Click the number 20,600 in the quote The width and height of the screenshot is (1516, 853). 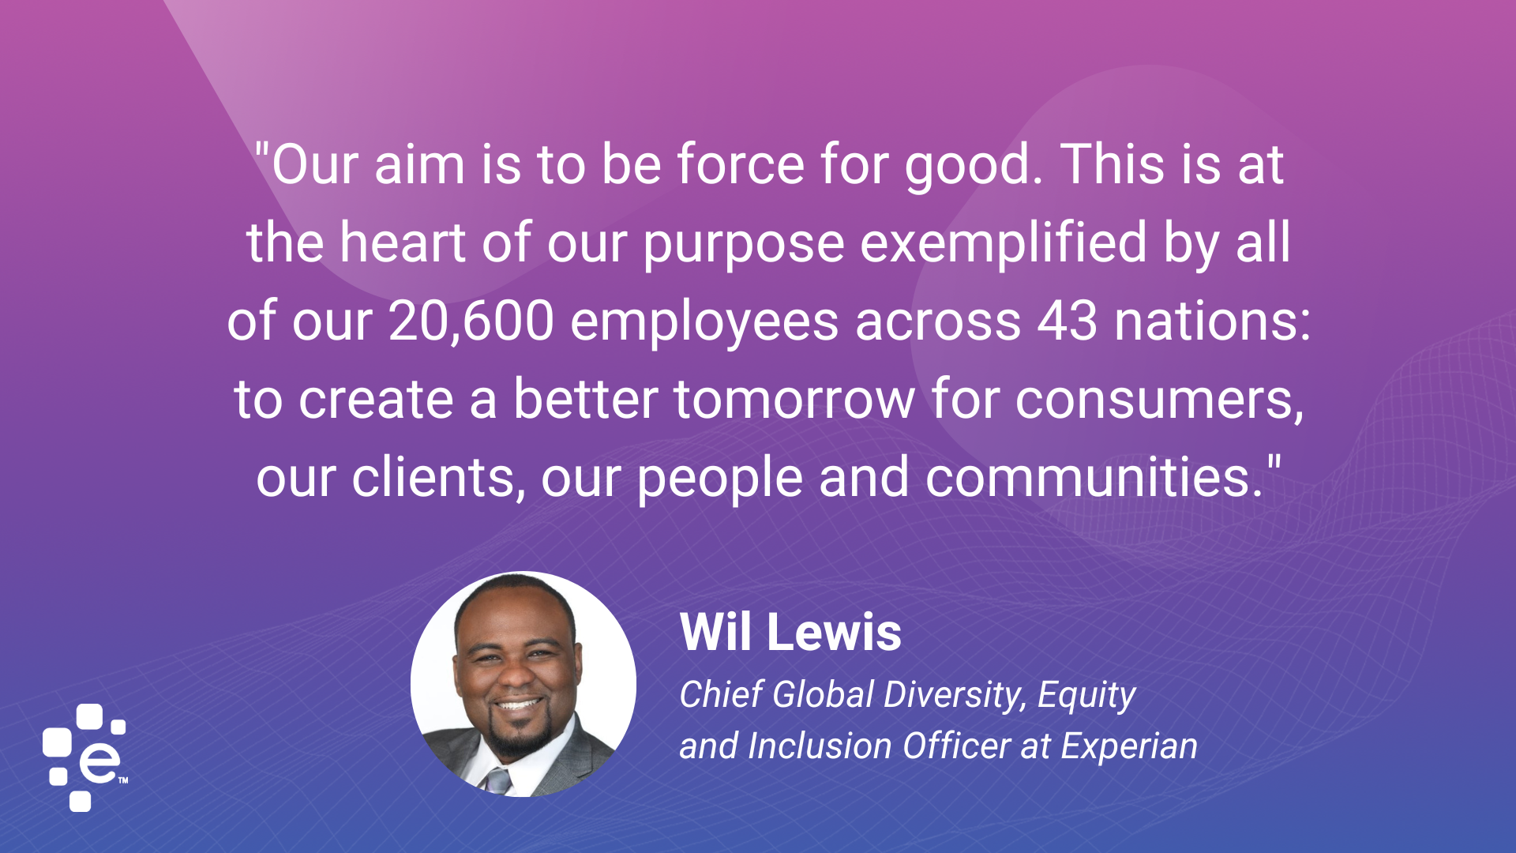[471, 321]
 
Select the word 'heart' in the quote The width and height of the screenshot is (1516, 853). [403, 242]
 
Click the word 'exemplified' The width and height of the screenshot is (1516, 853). [1003, 242]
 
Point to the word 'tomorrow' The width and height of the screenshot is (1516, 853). [794, 400]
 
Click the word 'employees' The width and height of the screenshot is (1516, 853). [704, 323]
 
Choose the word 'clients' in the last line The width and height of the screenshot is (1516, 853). [434, 478]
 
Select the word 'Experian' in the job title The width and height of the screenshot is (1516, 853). [1128, 746]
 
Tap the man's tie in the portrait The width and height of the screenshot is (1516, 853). [498, 780]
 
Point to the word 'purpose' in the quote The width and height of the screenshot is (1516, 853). [744, 244]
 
